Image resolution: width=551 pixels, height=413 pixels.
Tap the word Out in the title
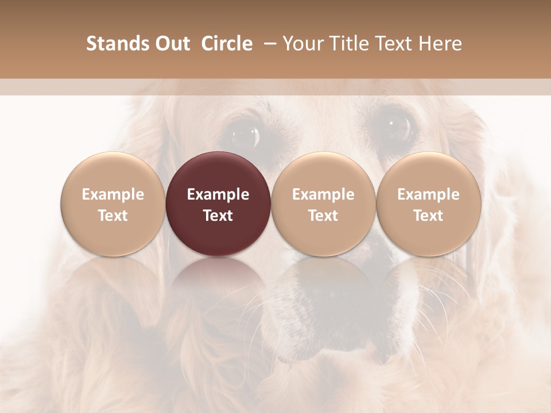(171, 44)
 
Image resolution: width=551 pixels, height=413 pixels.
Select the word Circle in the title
(227, 44)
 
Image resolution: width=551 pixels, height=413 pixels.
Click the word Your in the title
(301, 44)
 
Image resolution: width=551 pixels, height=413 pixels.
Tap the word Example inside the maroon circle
(218, 194)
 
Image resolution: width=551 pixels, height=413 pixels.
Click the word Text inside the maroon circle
(218, 216)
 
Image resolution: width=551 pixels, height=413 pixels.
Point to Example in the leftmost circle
(113, 194)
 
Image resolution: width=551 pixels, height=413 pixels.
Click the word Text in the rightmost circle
(429, 216)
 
